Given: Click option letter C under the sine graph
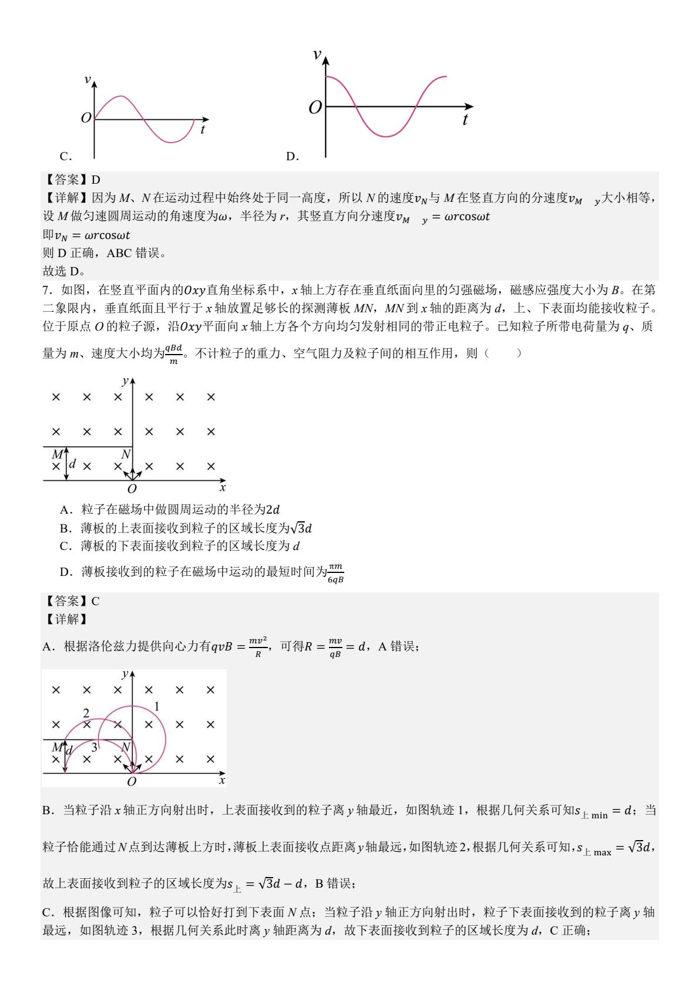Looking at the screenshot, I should click(65, 156).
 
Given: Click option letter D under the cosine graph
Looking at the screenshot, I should click(292, 156).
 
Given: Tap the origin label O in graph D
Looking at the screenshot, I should click(315, 107).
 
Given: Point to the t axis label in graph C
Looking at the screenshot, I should click(203, 130).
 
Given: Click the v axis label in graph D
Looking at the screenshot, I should click(317, 55).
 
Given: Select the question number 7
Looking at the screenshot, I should click(46, 289).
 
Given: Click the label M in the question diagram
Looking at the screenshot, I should click(57, 454).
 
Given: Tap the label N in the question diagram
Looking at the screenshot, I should click(126, 454).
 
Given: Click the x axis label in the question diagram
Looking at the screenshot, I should click(223, 488).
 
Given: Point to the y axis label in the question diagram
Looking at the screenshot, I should click(125, 381).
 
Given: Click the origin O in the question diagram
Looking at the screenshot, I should click(132, 489).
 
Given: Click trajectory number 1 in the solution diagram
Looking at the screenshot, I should click(157, 706).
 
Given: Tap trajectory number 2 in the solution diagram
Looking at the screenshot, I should click(86, 713).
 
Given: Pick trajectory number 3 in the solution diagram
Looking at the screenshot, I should click(94, 747).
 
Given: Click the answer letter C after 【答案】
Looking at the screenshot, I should click(96, 601).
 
